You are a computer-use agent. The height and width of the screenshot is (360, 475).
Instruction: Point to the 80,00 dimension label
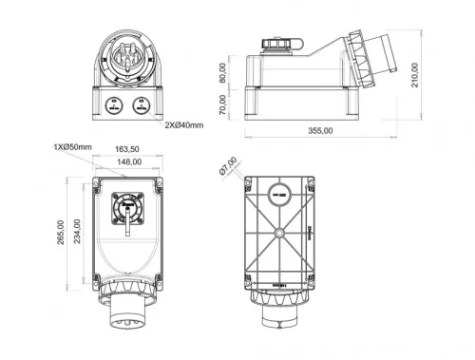(223, 73)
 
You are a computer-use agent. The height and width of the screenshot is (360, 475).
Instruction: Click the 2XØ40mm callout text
(183, 124)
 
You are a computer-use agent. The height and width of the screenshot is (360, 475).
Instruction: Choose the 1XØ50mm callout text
(73, 147)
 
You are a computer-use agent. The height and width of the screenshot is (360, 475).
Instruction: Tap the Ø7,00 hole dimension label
(228, 166)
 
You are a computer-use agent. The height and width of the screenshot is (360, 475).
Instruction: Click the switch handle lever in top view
(123, 222)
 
